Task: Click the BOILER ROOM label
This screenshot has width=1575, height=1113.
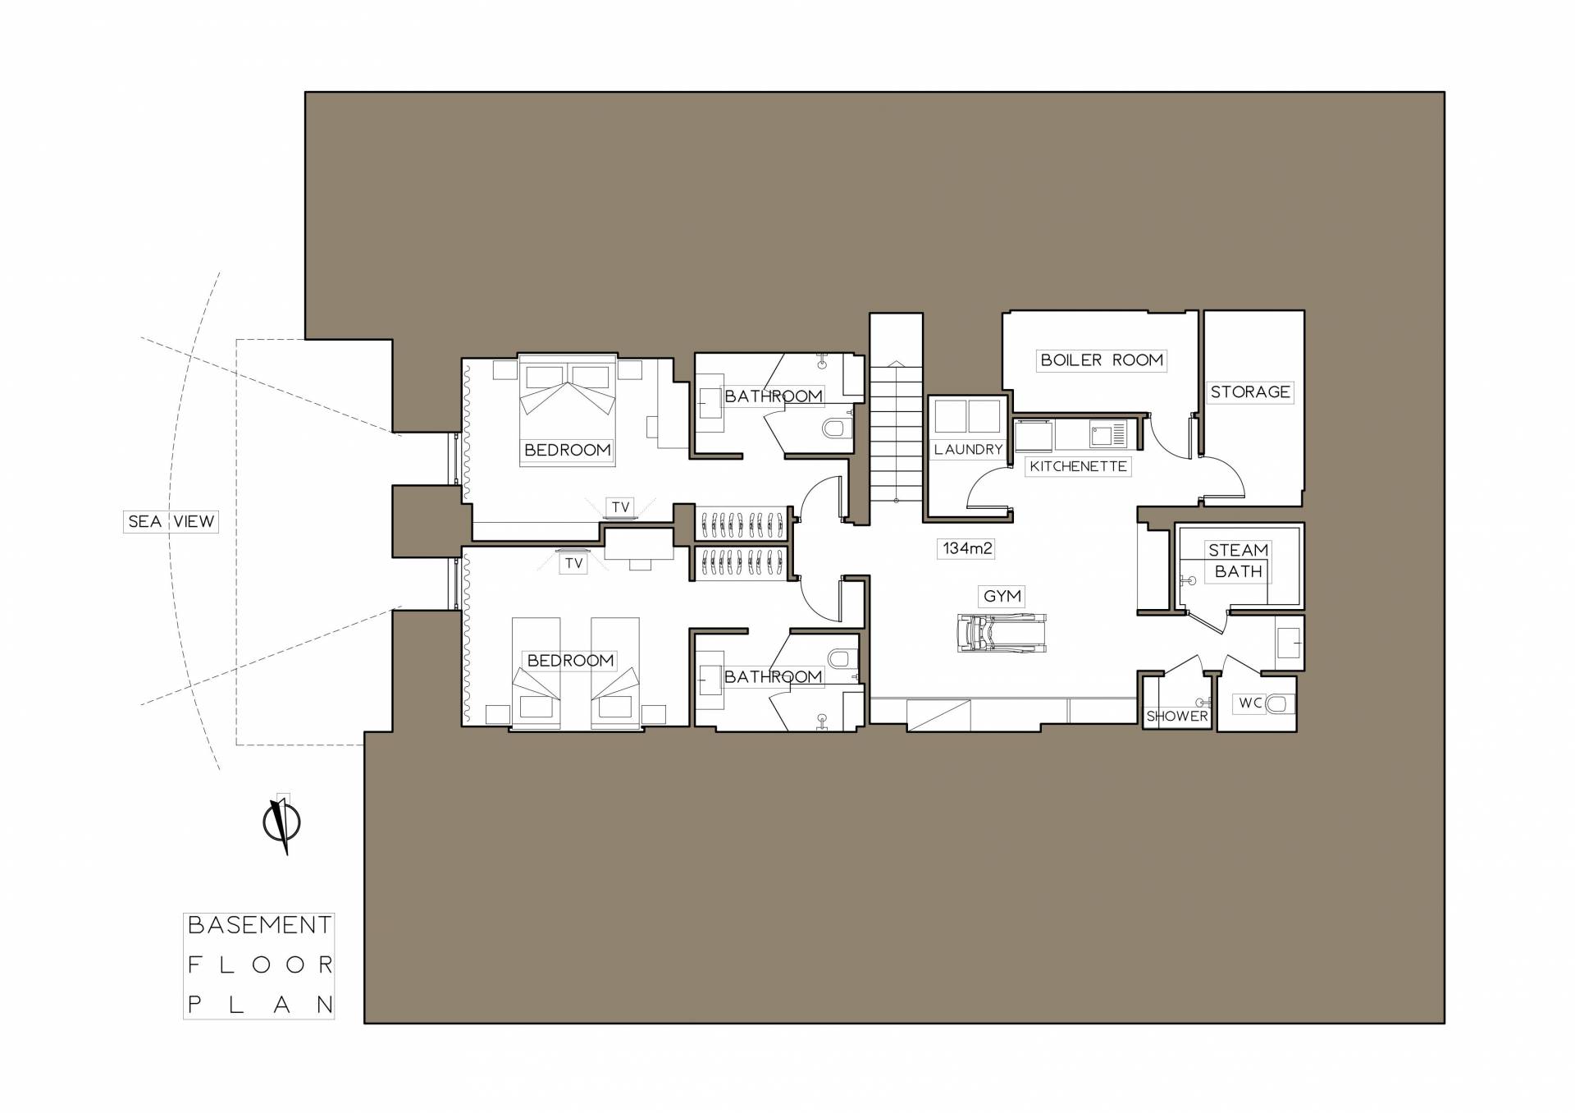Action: pos(1101,360)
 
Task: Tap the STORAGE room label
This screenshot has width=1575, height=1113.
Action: pos(1250,392)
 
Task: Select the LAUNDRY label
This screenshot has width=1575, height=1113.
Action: pos(968,450)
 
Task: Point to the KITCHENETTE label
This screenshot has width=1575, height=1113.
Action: pos(1078,466)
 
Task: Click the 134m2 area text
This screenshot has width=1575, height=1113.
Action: pos(967,548)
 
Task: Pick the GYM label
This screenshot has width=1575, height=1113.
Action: pos(1002,596)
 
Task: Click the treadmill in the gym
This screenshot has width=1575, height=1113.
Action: pos(1002,633)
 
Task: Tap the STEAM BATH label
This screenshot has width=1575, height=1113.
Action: pos(1238,561)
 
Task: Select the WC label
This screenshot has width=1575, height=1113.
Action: pos(1250,703)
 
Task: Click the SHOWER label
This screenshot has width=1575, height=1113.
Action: pos(1177,717)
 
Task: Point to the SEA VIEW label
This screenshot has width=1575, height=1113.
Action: pos(171,521)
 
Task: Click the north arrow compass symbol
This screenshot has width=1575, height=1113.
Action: pos(281,823)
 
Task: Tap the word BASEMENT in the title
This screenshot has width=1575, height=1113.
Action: pos(259,925)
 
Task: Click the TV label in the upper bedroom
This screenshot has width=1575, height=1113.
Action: pos(620,507)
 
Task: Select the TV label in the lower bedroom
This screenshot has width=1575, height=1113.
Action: pos(573,563)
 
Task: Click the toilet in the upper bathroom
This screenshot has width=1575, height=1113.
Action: pos(836,428)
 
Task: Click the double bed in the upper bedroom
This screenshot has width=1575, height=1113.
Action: pos(567,410)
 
